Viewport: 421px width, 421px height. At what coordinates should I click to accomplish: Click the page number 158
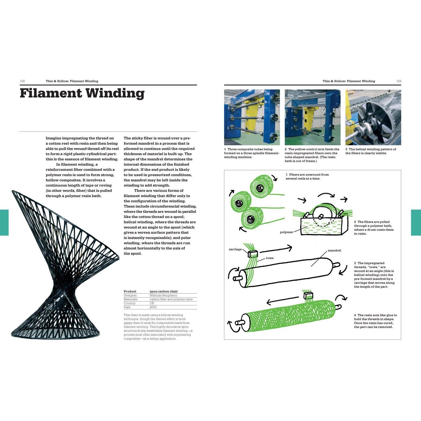tap(22, 81)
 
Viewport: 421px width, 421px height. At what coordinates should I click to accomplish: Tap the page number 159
tap(399, 81)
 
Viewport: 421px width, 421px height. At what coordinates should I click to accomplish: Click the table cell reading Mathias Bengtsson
tap(163, 296)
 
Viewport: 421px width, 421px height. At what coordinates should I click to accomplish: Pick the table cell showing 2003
tap(153, 307)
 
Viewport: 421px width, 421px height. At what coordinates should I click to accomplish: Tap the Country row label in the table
tap(130, 303)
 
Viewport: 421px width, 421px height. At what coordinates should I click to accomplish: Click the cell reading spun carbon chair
tap(164, 291)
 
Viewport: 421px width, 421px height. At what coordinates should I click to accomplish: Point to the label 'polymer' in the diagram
tap(286, 232)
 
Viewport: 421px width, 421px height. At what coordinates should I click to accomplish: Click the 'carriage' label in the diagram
tap(235, 249)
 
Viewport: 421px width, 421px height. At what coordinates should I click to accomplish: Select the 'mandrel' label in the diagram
tap(334, 251)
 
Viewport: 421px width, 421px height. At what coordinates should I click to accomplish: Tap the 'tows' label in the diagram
tap(270, 258)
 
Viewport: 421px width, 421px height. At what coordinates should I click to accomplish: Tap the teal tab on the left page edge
tap(4, 223)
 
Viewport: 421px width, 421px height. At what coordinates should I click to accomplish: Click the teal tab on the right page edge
tap(416, 223)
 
